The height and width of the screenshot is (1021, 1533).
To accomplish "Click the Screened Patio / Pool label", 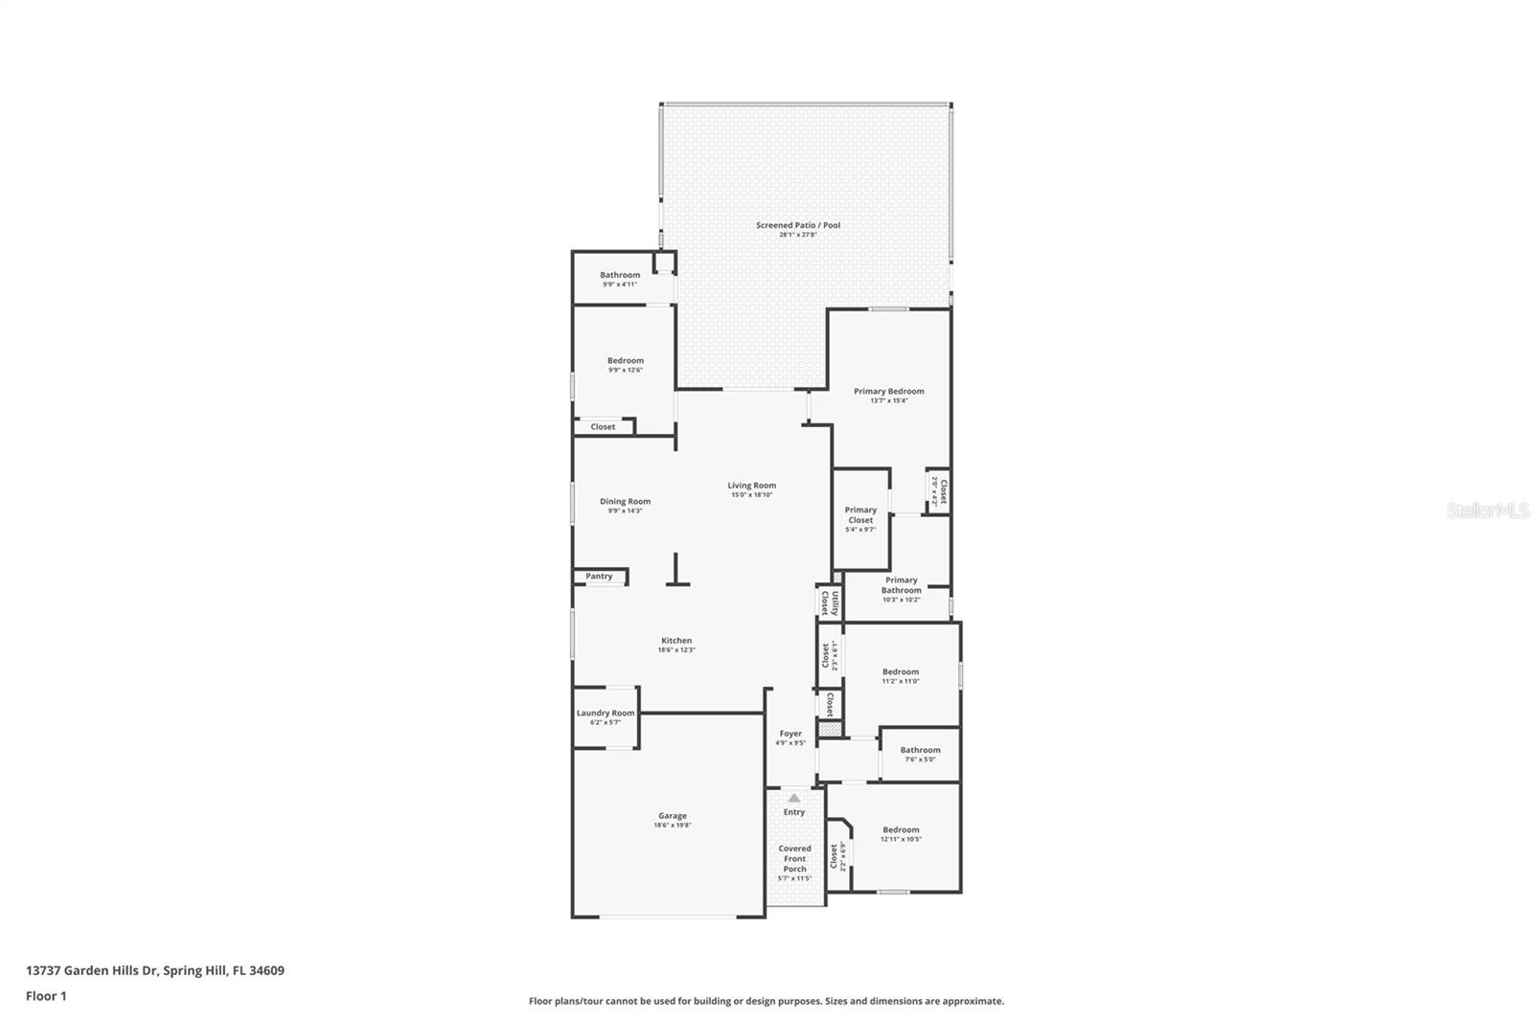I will [x=797, y=225].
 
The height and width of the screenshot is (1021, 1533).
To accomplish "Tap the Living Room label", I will [x=751, y=486].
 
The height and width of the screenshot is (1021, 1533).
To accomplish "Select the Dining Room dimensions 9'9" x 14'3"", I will [x=625, y=511].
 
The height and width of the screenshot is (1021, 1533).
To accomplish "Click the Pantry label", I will [x=599, y=577].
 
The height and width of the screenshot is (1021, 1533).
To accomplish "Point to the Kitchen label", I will [x=676, y=641].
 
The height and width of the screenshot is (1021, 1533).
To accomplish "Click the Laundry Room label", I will [x=605, y=713].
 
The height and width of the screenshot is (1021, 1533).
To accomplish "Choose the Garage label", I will [x=672, y=816].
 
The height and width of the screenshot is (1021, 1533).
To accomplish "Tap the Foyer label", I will [x=790, y=734].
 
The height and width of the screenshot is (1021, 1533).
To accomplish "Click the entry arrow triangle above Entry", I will [x=793, y=797].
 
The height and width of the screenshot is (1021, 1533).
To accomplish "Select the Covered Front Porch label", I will [x=794, y=858].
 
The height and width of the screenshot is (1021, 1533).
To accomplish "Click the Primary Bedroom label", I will [x=888, y=391].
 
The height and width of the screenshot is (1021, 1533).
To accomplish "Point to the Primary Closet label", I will [x=860, y=515].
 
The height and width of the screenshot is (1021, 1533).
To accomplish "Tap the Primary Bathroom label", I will [x=901, y=585].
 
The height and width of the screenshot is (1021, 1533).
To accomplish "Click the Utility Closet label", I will [x=830, y=602].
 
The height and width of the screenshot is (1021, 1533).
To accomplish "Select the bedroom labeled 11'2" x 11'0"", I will [x=900, y=672].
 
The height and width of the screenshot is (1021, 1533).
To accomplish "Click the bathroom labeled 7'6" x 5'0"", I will [x=920, y=751].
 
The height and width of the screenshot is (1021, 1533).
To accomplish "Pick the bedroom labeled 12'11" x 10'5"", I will [x=901, y=830].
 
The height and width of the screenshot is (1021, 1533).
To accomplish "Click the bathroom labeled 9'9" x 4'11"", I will [x=620, y=275].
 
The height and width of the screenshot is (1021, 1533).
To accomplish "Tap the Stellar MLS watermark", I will [x=1487, y=511].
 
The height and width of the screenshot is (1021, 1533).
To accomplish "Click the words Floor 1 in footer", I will [x=46, y=996].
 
